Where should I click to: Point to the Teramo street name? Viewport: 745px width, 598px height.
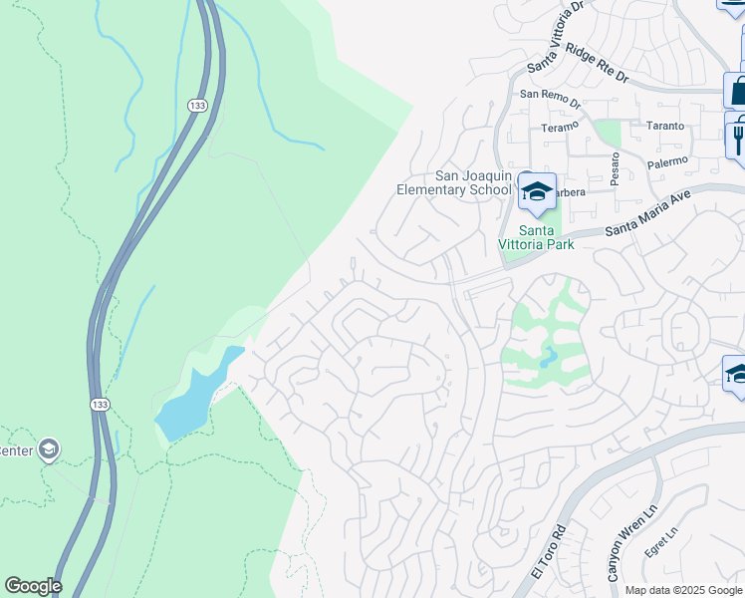559,128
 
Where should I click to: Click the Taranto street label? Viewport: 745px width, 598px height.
665,127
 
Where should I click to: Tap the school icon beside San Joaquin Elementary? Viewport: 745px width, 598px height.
537,192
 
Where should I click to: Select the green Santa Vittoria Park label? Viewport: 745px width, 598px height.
537,236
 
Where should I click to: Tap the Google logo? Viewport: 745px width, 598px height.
33,586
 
